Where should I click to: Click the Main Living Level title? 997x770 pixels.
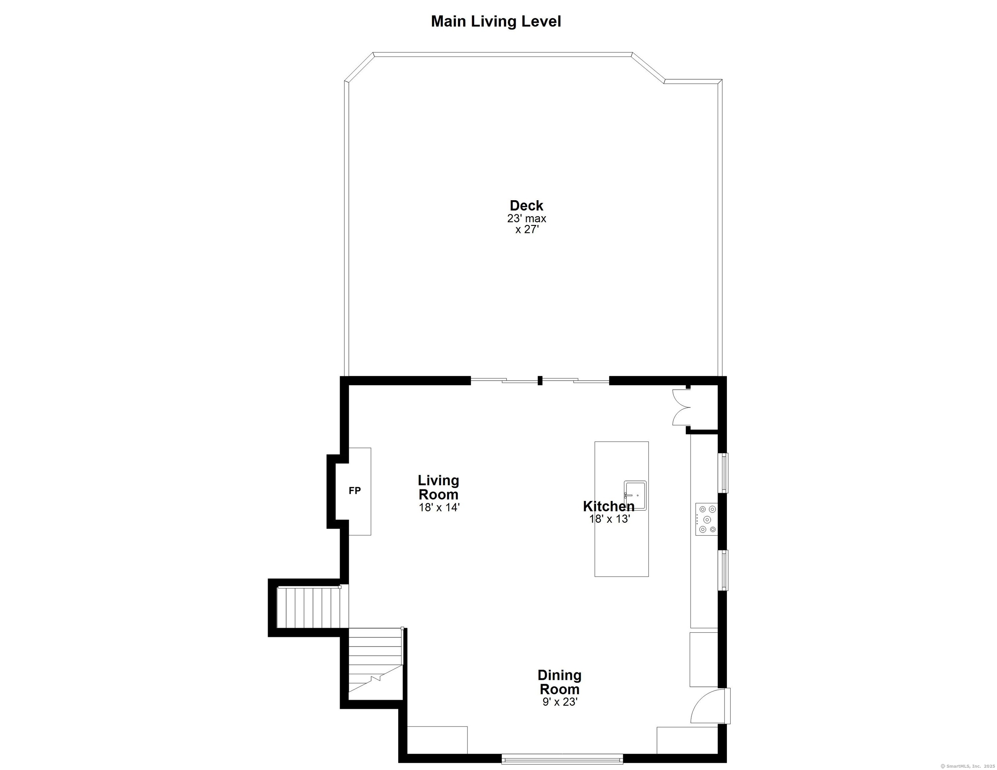[496, 21]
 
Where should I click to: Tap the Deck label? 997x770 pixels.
[526, 206]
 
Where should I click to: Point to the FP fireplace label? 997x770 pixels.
[355, 491]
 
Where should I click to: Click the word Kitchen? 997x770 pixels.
[608, 506]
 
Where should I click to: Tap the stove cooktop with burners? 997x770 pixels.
[706, 519]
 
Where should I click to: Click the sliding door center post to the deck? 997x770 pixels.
[540, 380]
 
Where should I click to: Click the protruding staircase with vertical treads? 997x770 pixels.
[309, 608]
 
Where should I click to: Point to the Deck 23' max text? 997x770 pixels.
[526, 219]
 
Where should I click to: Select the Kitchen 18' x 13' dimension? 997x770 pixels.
[610, 519]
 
